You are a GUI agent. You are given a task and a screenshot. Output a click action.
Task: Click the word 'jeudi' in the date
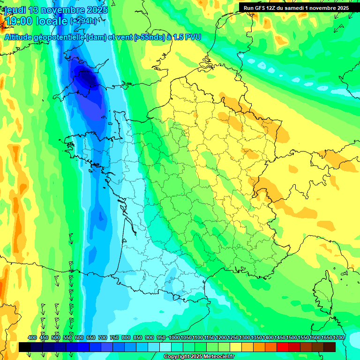click(15, 10)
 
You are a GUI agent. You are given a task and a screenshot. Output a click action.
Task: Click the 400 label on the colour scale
click(32, 337)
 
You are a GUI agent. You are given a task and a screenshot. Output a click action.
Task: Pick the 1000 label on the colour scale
click(174, 337)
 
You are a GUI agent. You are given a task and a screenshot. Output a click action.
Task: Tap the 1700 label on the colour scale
click(338, 337)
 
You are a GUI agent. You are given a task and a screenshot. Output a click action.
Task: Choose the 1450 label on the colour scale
click(280, 337)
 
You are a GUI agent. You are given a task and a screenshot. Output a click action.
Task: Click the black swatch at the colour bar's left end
click(25, 347)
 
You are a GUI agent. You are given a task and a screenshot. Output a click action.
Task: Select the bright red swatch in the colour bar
click(283, 347)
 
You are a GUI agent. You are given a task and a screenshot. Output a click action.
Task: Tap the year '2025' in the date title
click(93, 10)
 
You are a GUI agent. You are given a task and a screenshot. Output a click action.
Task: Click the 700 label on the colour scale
click(103, 337)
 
